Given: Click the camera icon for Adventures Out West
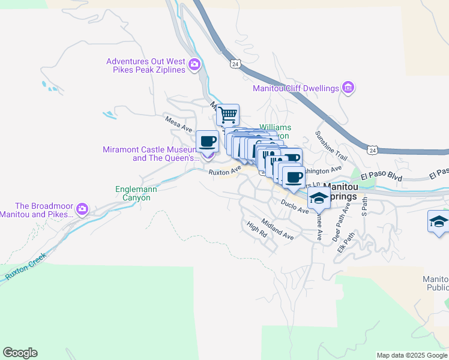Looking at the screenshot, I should coord(194,65).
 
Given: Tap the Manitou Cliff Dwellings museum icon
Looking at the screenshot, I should coord(348,88).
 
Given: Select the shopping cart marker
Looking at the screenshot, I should coord(228,114).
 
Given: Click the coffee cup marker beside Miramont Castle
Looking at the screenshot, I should coord(208,142).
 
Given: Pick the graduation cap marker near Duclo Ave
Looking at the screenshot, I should coord(319,199).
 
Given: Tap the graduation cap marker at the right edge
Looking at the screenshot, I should coord(438,221).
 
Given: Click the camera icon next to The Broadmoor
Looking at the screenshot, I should coord(82,210).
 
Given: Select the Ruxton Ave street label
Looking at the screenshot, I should coord(224,172).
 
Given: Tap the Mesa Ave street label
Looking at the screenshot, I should coord(179,124).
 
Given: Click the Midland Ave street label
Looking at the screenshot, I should coord(277,229).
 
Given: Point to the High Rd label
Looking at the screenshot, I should coord(256,229).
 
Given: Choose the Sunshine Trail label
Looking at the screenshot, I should coord(331,145).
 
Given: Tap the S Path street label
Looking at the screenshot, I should coord(364,206).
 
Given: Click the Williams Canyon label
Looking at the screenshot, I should coord(275,131).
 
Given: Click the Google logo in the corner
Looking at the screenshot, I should coord(20,353).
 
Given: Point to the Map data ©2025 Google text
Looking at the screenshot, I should coord(411,355).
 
